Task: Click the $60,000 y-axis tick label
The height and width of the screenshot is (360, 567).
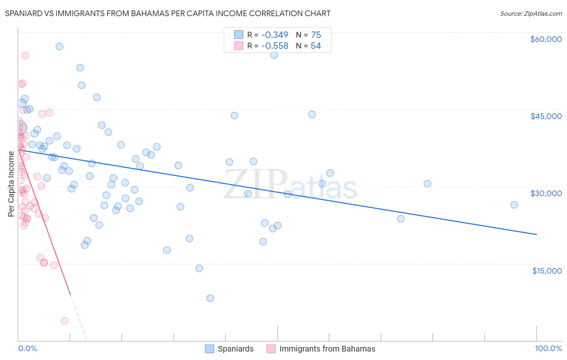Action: [x=546, y=39]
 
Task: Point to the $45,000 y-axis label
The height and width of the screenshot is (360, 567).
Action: [x=546, y=116]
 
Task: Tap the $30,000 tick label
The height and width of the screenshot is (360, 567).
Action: [x=546, y=193]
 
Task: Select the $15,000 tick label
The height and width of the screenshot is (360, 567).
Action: [x=546, y=271]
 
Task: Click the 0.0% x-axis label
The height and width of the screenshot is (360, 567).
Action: [x=27, y=349]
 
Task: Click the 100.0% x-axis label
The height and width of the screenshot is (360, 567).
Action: [x=548, y=349]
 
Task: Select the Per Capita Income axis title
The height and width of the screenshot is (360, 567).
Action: [x=11, y=184]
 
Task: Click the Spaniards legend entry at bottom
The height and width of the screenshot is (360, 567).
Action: [x=236, y=349]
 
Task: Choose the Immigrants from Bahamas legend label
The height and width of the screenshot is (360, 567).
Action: [x=327, y=349]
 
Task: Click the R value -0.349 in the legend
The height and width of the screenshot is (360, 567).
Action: [x=275, y=35]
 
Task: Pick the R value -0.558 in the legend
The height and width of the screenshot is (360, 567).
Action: [x=275, y=46]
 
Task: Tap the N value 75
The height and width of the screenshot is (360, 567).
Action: [x=316, y=35]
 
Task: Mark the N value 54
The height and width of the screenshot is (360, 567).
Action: [x=316, y=46]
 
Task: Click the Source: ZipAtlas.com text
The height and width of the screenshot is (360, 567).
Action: [x=531, y=14]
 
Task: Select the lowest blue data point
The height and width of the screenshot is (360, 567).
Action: [x=210, y=298]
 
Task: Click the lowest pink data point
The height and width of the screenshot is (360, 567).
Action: [x=65, y=321]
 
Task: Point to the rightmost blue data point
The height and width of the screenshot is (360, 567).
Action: [x=514, y=205]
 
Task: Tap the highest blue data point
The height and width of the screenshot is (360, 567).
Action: [x=59, y=46]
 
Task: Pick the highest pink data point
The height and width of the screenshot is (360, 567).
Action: [x=25, y=56]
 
